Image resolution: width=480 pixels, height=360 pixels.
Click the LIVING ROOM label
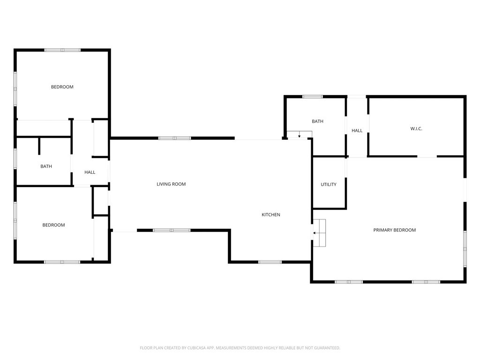click(x=171, y=184)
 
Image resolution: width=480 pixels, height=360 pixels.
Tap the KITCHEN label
click(x=271, y=215)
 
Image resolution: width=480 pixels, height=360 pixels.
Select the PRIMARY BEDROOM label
click(x=394, y=230)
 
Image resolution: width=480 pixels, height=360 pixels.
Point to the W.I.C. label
click(x=416, y=128)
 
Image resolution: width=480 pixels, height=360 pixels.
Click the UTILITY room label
click(x=328, y=185)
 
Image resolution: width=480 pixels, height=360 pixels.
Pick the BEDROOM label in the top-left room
click(x=62, y=87)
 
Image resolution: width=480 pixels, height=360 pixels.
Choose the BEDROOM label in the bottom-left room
click(x=53, y=225)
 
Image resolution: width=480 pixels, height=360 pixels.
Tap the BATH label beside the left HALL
click(x=46, y=166)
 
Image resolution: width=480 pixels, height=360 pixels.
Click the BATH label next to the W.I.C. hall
click(x=317, y=121)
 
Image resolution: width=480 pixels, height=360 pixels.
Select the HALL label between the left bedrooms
click(x=90, y=172)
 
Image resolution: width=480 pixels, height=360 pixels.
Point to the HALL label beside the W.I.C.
click(x=357, y=131)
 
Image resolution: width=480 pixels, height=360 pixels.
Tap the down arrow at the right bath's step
click(x=299, y=135)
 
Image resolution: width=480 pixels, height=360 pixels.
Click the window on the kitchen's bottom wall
click(x=270, y=262)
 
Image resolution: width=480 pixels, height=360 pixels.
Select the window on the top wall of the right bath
click(x=312, y=97)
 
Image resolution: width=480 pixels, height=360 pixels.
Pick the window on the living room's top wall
click(x=174, y=138)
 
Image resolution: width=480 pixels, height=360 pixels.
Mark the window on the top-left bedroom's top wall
click(x=62, y=50)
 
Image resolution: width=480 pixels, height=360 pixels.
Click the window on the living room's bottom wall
click(x=172, y=230)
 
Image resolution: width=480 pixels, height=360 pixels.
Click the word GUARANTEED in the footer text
click(x=326, y=348)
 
